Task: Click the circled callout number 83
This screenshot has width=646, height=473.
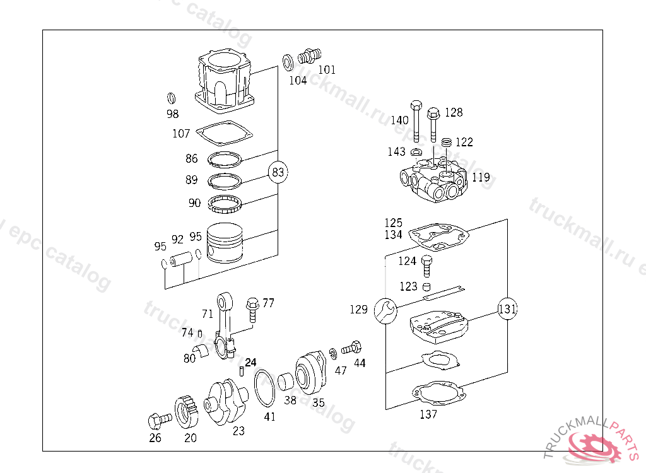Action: click(x=279, y=172)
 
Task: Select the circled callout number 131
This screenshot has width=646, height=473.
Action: click(x=507, y=310)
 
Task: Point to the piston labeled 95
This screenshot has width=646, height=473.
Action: click(x=225, y=243)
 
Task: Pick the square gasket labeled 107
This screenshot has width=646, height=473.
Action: click(x=225, y=134)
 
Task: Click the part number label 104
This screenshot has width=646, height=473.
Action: click(x=298, y=80)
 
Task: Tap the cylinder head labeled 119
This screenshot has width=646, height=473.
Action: click(x=434, y=181)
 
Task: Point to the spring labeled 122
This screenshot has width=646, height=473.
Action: click(x=447, y=143)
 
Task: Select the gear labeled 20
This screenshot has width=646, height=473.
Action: click(x=187, y=410)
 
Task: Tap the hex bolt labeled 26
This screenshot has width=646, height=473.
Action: click(x=158, y=419)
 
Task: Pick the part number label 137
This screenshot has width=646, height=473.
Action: click(x=428, y=414)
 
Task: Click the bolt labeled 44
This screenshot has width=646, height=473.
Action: click(x=351, y=347)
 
